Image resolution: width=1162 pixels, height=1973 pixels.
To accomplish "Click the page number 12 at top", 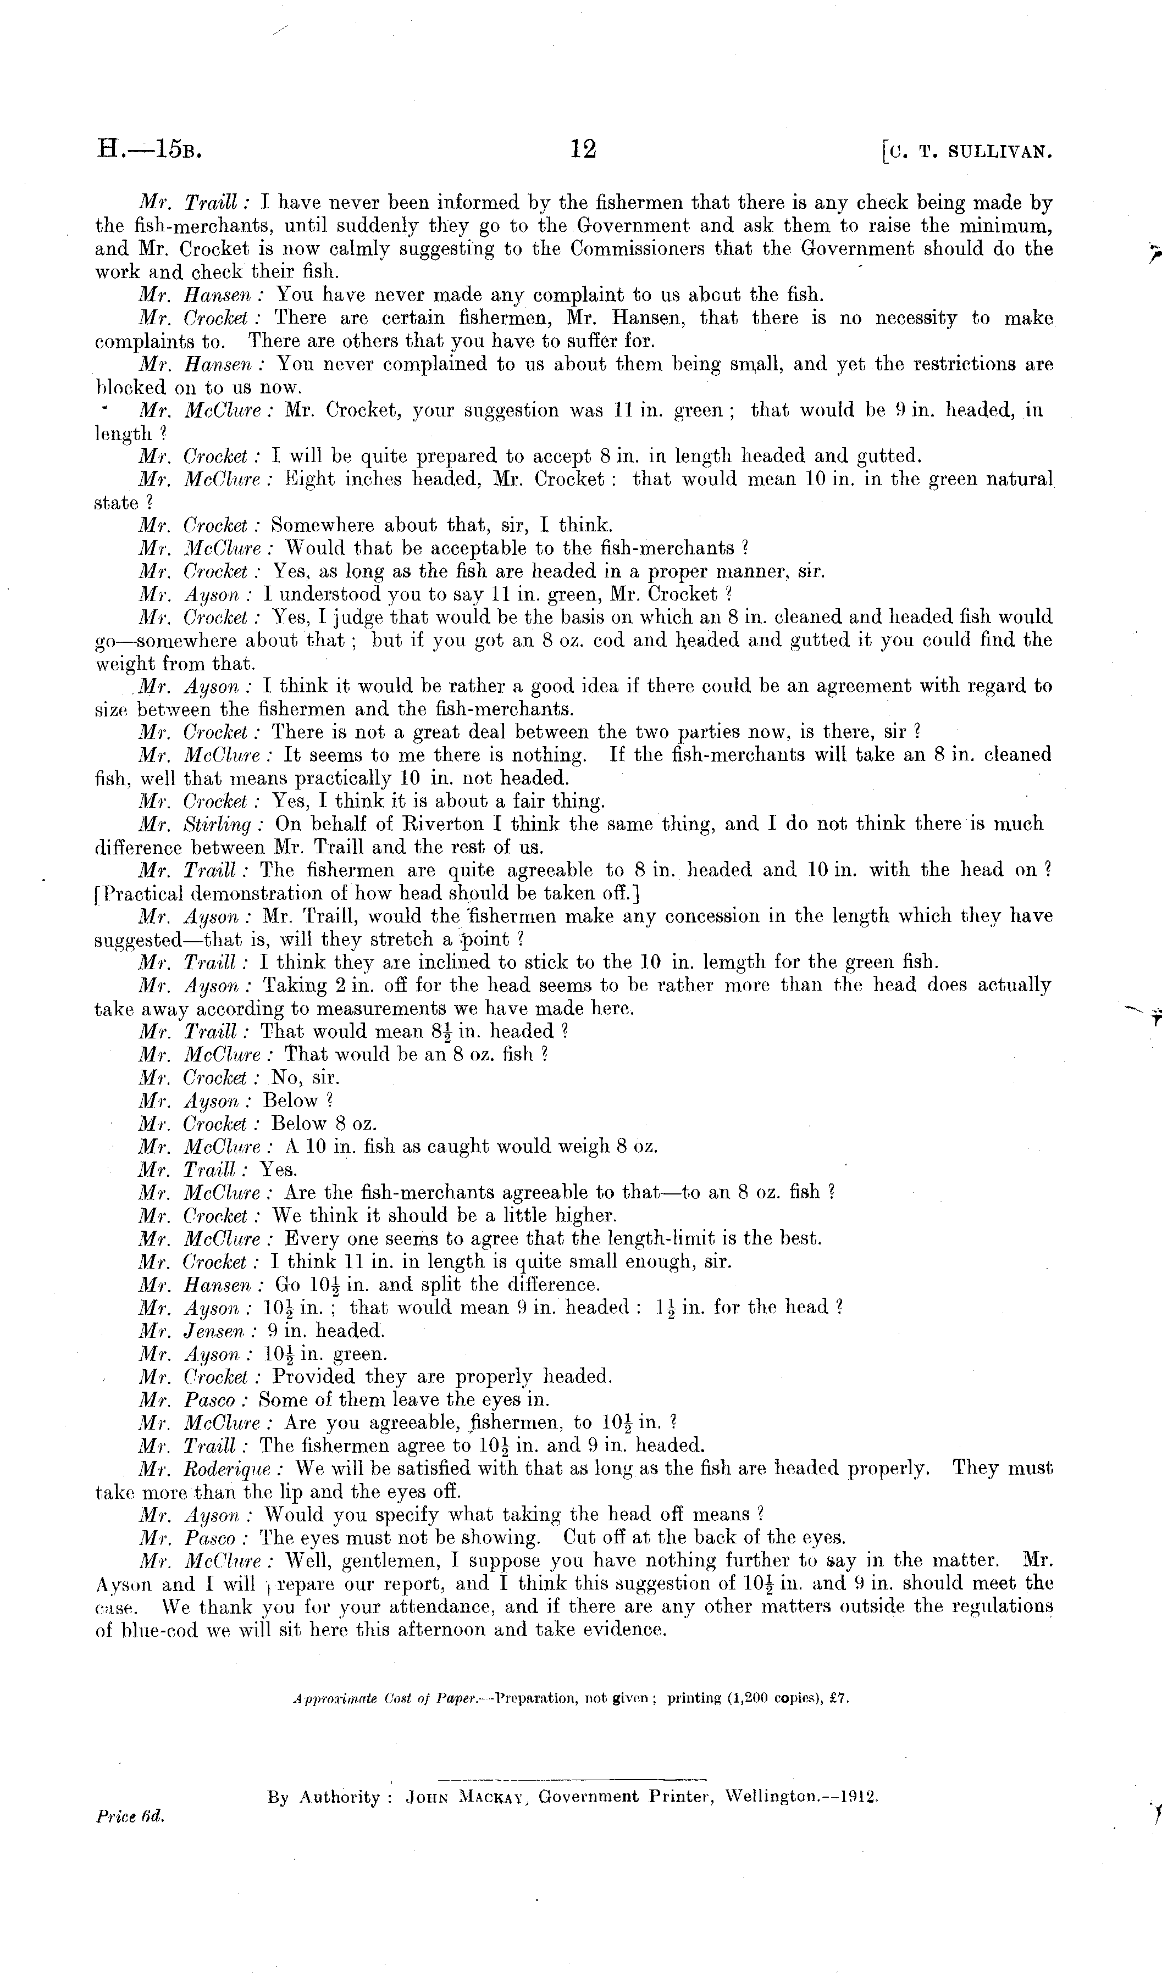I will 583,149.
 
